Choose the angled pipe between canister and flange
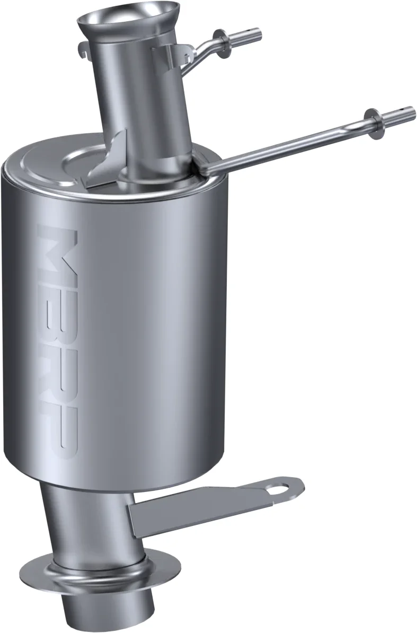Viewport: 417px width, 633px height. [x=85, y=520]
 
